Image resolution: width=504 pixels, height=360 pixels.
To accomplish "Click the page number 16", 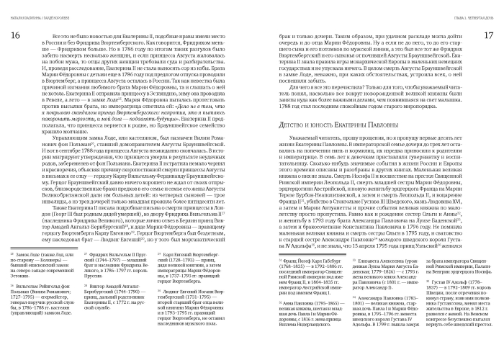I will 15,36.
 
